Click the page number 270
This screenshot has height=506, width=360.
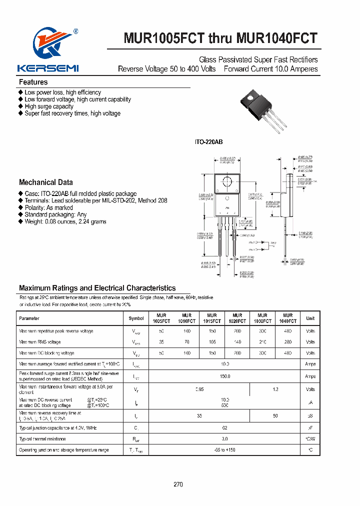pyautogui.click(x=178, y=484)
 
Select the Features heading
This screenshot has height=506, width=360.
pyautogui.click(x=33, y=82)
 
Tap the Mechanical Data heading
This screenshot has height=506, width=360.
pyautogui.click(x=46, y=182)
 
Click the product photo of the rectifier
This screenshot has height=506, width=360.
pyautogui.click(x=265, y=111)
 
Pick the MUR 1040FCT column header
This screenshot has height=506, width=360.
pyautogui.click(x=287, y=318)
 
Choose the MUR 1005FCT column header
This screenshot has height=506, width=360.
pyautogui.click(x=161, y=318)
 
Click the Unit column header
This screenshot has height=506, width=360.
pyautogui.click(x=310, y=318)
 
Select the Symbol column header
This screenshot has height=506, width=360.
pyautogui.click(x=136, y=318)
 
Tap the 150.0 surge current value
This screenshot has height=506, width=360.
pyautogui.click(x=224, y=376)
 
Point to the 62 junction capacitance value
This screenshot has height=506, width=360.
pyautogui.click(x=224, y=428)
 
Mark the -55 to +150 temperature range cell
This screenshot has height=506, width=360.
pyautogui.click(x=224, y=450)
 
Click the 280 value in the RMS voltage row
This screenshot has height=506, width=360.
pyautogui.click(x=287, y=342)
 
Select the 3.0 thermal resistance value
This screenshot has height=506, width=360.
pyautogui.click(x=224, y=439)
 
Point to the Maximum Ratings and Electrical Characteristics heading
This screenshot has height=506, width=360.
pyautogui.click(x=97, y=288)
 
